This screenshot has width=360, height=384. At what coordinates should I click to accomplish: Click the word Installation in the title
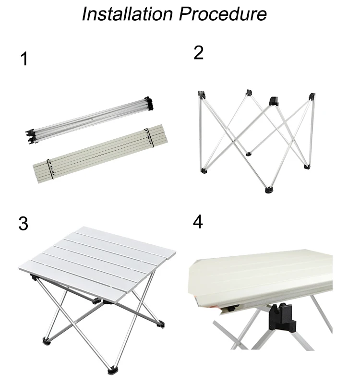pyautogui.click(x=127, y=14)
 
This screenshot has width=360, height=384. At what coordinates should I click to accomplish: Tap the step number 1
pyautogui.click(x=24, y=60)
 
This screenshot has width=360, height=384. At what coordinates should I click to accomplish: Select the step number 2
pyautogui.click(x=198, y=53)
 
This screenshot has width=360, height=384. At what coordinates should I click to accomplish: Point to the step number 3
pyautogui.click(x=24, y=224)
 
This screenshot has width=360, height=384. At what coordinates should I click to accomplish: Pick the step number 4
pyautogui.click(x=198, y=222)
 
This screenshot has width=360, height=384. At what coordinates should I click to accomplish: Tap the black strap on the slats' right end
pyautogui.click(x=148, y=137)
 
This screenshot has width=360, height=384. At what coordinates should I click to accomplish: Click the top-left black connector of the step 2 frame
pyautogui.click(x=202, y=95)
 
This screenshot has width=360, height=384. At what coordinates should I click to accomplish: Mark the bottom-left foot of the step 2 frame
pyautogui.click(x=204, y=170)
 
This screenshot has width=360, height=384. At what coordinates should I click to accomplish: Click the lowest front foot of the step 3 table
pyautogui.click(x=114, y=370)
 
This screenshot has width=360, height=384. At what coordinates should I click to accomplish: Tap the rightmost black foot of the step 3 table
pyautogui.click(x=161, y=327)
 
